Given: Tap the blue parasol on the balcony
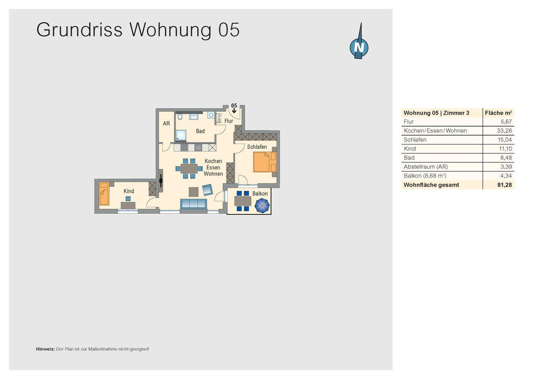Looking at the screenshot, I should [x=262, y=206].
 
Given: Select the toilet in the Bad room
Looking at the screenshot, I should [x=180, y=117].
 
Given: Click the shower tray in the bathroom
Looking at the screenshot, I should [x=181, y=135].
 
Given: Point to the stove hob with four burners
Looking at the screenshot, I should [x=184, y=147].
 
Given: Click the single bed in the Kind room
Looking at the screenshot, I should [x=104, y=194].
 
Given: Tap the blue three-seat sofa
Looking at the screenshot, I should [x=194, y=203].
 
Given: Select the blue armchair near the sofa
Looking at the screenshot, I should [x=207, y=190].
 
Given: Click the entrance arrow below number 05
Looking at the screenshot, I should [x=234, y=111].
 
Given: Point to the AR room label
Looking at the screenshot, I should [x=166, y=123].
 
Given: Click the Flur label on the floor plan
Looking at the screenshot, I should [x=229, y=121].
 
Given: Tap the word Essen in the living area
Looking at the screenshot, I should [x=213, y=168].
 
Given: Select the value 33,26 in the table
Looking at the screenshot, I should [x=504, y=131].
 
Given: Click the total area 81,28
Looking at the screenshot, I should [x=504, y=185].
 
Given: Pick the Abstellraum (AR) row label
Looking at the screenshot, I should [x=425, y=167].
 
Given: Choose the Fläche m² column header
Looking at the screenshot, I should [x=498, y=113].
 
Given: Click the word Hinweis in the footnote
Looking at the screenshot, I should [x=45, y=349].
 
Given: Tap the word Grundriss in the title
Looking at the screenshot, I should [x=79, y=30].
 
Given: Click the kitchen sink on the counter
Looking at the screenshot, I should [x=198, y=147].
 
